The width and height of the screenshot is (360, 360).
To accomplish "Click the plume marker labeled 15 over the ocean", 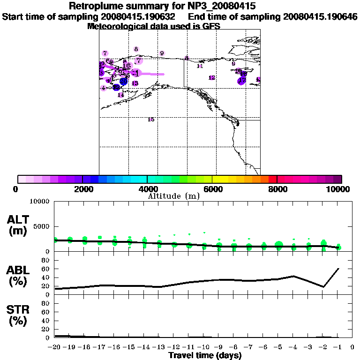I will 151,120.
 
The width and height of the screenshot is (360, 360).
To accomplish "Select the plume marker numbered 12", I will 211,78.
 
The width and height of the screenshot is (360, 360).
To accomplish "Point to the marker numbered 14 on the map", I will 120,95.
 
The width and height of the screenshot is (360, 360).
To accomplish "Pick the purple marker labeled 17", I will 241,81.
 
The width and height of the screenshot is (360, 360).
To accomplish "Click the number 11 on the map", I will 200,66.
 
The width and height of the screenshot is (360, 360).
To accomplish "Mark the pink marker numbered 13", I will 135,83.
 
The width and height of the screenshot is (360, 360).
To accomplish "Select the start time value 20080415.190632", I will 139,17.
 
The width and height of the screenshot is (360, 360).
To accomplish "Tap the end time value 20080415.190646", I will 320,17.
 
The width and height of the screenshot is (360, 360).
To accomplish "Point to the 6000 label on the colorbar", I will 212,189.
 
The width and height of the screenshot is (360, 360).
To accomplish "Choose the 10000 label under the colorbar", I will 340,189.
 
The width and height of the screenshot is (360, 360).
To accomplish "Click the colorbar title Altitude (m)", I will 173,195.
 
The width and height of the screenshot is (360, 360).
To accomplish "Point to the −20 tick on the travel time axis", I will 54,348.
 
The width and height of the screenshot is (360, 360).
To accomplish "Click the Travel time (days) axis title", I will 205,356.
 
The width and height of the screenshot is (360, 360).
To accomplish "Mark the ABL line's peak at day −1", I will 338,269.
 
